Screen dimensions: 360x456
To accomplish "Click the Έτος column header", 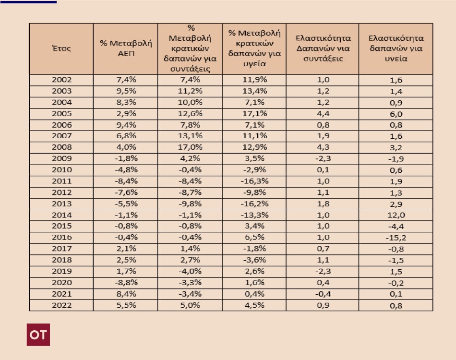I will pos(61,48).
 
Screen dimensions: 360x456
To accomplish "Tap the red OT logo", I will pos(38,335).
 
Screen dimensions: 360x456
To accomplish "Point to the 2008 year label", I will pos(61,147).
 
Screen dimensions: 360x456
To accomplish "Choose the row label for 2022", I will pos(61,305).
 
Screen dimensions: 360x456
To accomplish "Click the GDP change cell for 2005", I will pos(125,114).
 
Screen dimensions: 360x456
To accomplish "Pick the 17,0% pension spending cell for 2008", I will pos(190,147).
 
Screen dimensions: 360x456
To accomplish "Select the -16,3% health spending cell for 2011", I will pos(254,181).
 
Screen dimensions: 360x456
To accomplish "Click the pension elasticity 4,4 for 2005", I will pos(322,114).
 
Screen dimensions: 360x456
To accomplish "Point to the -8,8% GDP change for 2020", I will pos(125,283).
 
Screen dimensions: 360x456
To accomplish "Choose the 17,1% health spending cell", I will pos(254,114).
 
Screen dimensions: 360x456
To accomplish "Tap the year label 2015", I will pos(61,226).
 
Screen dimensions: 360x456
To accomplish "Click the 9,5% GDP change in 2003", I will pos(125,91).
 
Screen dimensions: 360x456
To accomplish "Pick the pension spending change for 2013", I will pos(190,204).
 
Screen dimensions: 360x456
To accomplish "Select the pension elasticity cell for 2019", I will pos(322,271).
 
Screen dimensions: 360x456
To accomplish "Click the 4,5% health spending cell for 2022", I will pos(254,305).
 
